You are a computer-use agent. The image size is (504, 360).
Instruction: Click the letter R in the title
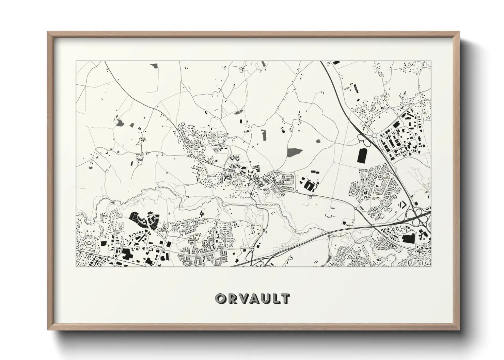231,298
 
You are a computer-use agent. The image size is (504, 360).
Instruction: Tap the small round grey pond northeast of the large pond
318,141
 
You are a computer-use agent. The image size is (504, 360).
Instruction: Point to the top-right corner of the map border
431,61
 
